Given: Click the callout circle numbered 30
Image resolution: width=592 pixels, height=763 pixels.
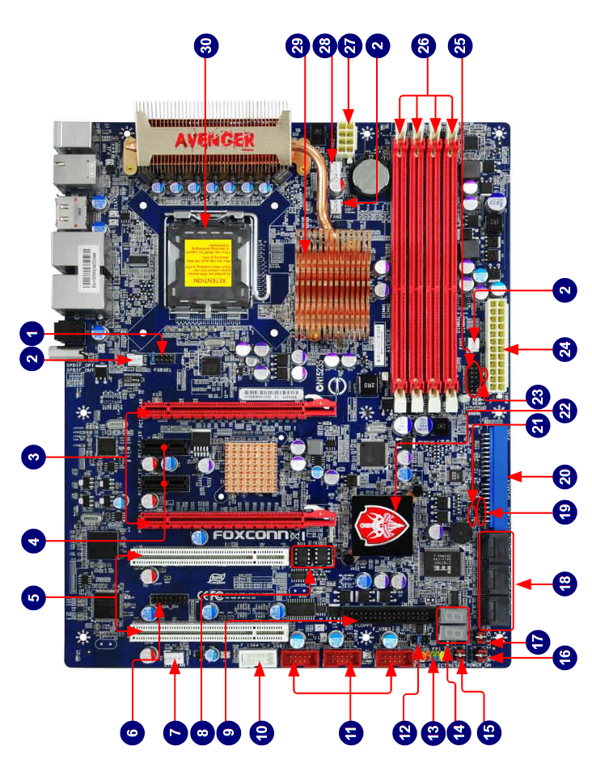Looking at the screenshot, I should click(209, 47).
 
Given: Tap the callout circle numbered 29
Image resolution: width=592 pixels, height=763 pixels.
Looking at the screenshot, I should click(303, 47).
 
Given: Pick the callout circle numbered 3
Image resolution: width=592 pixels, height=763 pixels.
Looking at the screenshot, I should click(32, 458).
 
